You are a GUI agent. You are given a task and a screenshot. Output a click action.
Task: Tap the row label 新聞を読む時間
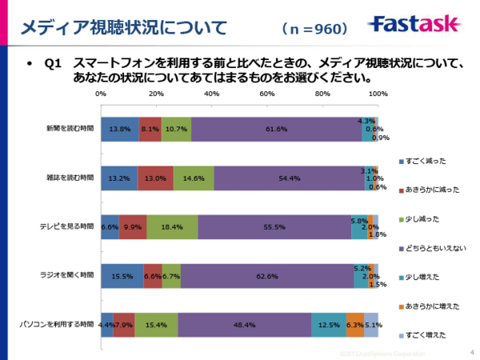click(70, 128)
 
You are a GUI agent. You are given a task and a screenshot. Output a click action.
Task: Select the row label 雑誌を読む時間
click(70, 178)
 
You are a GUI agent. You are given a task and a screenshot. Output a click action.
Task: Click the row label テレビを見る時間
click(69, 227)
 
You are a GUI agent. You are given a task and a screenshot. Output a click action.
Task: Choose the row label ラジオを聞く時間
click(69, 276)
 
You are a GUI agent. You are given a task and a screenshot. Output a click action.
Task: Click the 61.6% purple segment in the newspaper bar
click(277, 128)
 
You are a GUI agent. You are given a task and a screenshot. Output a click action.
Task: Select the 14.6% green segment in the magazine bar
click(194, 178)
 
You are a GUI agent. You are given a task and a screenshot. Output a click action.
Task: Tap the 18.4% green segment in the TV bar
click(172, 227)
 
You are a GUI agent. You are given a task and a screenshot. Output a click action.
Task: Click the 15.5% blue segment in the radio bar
click(122, 276)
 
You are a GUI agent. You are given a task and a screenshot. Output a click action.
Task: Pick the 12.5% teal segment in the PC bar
click(329, 325)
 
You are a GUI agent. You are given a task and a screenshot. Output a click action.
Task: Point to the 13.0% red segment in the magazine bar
click(155, 178)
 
